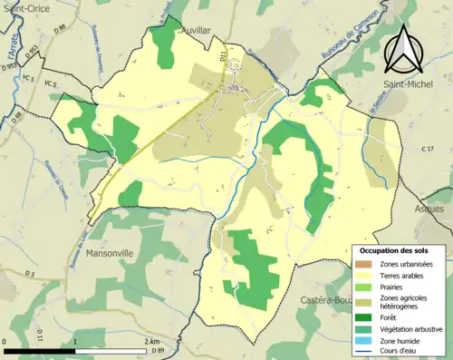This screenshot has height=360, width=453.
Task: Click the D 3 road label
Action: [30, 273]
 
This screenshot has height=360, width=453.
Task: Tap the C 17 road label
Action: [427, 148]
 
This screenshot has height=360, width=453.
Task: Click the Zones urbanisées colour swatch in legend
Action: [361, 264]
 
